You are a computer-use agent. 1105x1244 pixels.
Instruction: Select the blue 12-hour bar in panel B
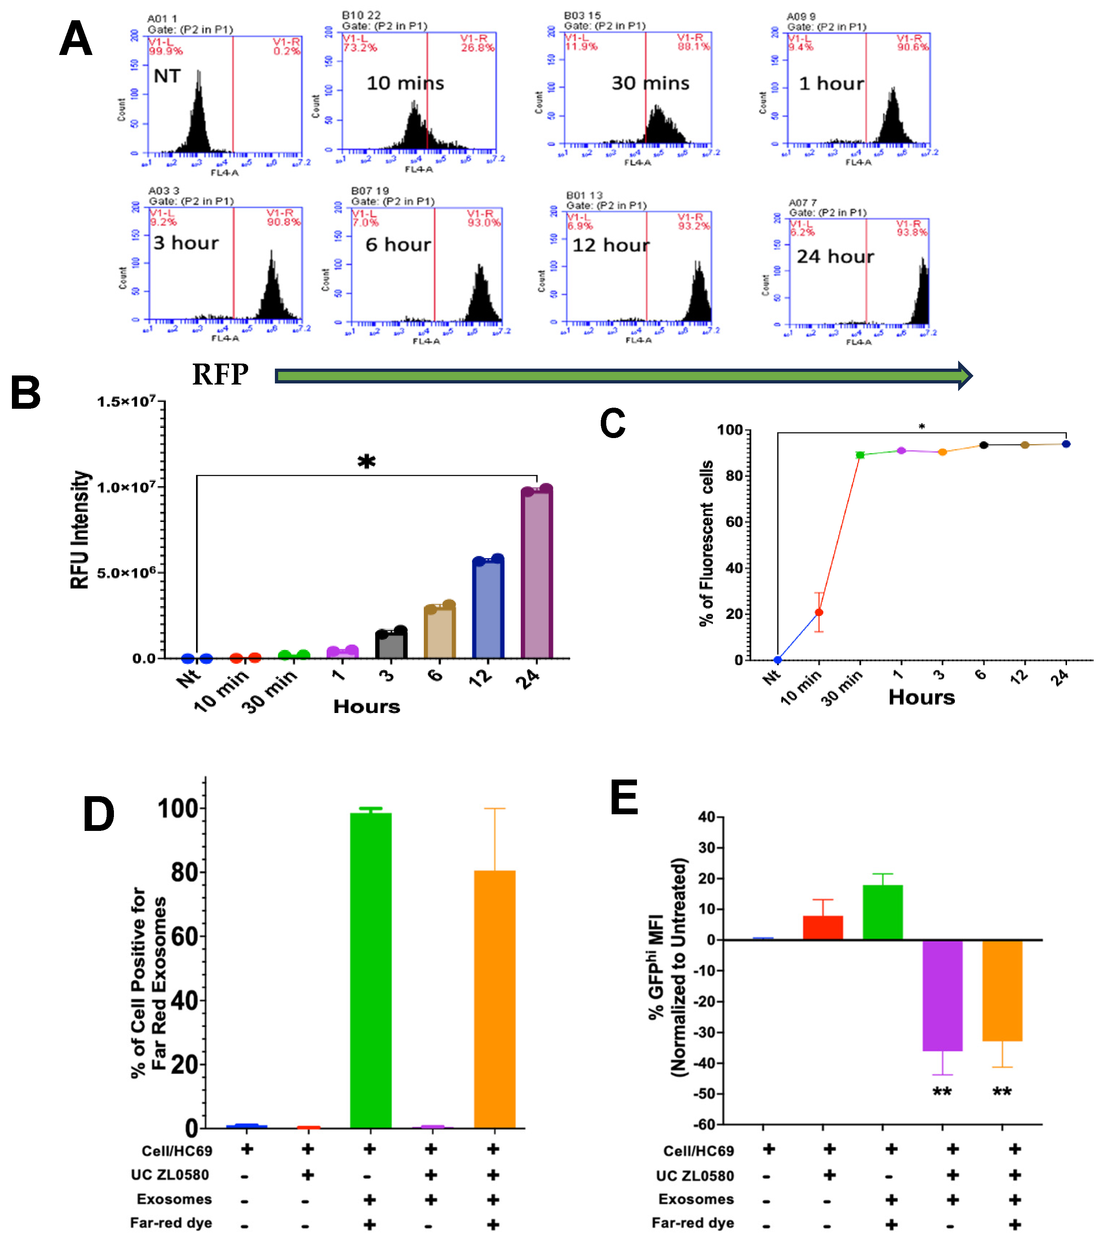point(488,608)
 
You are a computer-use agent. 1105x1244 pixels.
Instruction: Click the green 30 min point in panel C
point(860,455)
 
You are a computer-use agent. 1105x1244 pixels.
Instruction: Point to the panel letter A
point(76,39)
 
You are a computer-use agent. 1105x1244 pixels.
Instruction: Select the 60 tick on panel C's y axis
point(734,522)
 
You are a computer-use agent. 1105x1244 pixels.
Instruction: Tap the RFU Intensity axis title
point(80,530)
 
